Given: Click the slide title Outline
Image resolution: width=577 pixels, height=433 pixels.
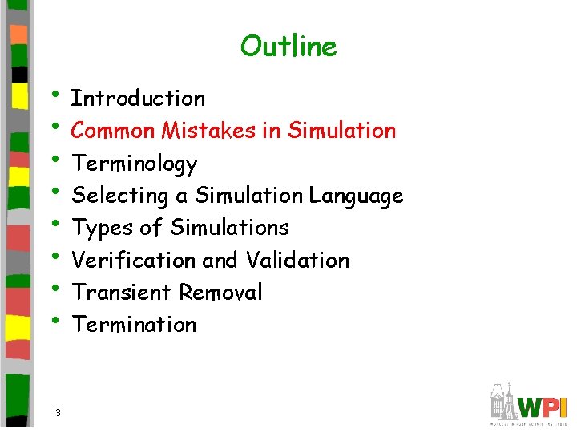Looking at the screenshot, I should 288,47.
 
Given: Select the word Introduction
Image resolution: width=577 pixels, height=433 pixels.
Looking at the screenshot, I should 138,99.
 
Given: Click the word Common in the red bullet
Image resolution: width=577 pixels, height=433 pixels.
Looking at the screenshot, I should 113,130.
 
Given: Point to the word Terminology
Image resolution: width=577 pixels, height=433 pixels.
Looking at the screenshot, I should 134,164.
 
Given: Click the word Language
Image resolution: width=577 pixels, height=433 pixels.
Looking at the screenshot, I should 356,196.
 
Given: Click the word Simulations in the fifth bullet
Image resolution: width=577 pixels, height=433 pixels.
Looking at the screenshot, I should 229,228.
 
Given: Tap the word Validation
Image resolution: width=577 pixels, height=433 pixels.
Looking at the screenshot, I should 297,261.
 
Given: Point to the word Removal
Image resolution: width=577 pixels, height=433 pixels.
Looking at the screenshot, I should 220,293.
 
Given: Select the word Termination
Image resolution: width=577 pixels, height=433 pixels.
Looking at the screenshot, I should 134,325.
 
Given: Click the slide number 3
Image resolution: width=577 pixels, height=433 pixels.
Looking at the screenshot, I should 59,412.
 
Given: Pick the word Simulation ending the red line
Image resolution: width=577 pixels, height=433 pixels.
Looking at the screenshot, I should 342,130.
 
